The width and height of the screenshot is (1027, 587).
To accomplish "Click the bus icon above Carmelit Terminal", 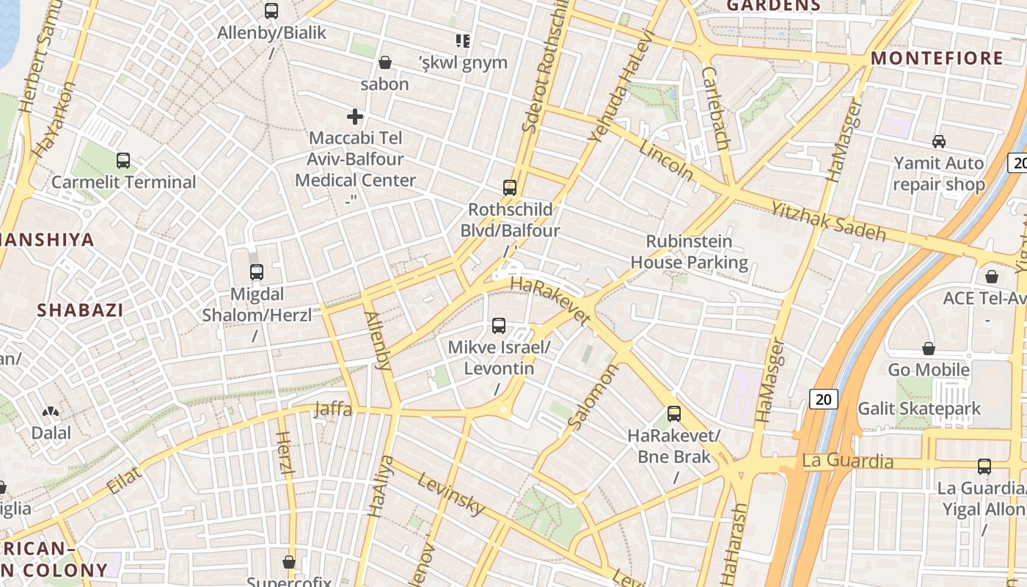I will pyautogui.click(x=123, y=160).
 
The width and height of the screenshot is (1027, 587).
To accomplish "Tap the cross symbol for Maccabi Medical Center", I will pyautogui.click(x=355, y=117).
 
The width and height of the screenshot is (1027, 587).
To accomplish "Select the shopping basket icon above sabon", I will pyautogui.click(x=384, y=62).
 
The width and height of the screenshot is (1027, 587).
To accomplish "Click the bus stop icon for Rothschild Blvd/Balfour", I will pyautogui.click(x=510, y=188).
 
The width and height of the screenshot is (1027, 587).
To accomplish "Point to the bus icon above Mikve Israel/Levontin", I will pyautogui.click(x=499, y=325).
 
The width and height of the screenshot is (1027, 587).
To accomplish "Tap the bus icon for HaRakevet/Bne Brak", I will pyautogui.click(x=674, y=414).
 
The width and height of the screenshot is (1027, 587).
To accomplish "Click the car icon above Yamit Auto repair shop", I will pyautogui.click(x=938, y=141).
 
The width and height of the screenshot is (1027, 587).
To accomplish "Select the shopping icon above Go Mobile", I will pyautogui.click(x=929, y=348).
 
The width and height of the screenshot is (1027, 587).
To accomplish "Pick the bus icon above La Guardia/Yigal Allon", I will pyautogui.click(x=984, y=466).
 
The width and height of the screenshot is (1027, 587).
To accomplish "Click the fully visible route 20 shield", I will pyautogui.click(x=824, y=399).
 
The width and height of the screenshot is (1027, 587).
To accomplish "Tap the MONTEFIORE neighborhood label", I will pyautogui.click(x=937, y=59).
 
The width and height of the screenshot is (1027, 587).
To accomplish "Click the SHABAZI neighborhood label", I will pyautogui.click(x=81, y=310).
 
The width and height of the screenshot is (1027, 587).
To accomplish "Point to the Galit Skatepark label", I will pyautogui.click(x=919, y=409).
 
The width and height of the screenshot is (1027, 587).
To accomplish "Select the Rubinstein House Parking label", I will pyautogui.click(x=689, y=252).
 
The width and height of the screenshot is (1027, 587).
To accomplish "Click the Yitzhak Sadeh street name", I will pyautogui.click(x=828, y=222).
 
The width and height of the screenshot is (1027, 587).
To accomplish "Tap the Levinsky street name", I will pyautogui.click(x=451, y=494).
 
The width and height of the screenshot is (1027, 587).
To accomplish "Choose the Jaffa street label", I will pyautogui.click(x=333, y=409).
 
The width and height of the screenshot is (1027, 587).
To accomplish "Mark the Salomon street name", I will pyautogui.click(x=593, y=397).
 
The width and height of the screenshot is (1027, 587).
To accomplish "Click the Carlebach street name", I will pyautogui.click(x=714, y=108).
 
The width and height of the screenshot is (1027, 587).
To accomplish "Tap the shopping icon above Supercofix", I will pyautogui.click(x=289, y=562).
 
